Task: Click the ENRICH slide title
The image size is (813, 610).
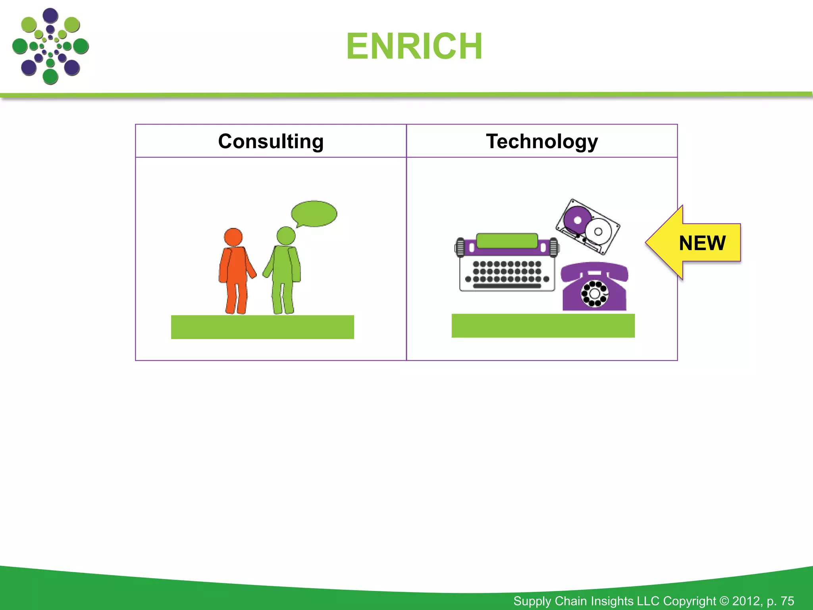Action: tap(414, 46)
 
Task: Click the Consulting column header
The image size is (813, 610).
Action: tap(271, 141)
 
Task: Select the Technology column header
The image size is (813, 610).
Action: tap(542, 141)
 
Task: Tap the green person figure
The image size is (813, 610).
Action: tap(283, 274)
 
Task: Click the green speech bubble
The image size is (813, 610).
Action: tap(314, 214)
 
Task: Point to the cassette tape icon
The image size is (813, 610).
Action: tap(588, 226)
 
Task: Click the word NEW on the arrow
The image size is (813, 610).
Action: tap(702, 243)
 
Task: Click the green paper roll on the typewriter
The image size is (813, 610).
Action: tap(507, 241)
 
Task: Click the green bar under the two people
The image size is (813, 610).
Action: tap(262, 327)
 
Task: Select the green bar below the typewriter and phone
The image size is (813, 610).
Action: tap(543, 326)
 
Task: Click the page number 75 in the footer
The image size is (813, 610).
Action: tap(787, 601)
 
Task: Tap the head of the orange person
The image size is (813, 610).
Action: tap(233, 237)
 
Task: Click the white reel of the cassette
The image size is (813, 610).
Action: tap(598, 232)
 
